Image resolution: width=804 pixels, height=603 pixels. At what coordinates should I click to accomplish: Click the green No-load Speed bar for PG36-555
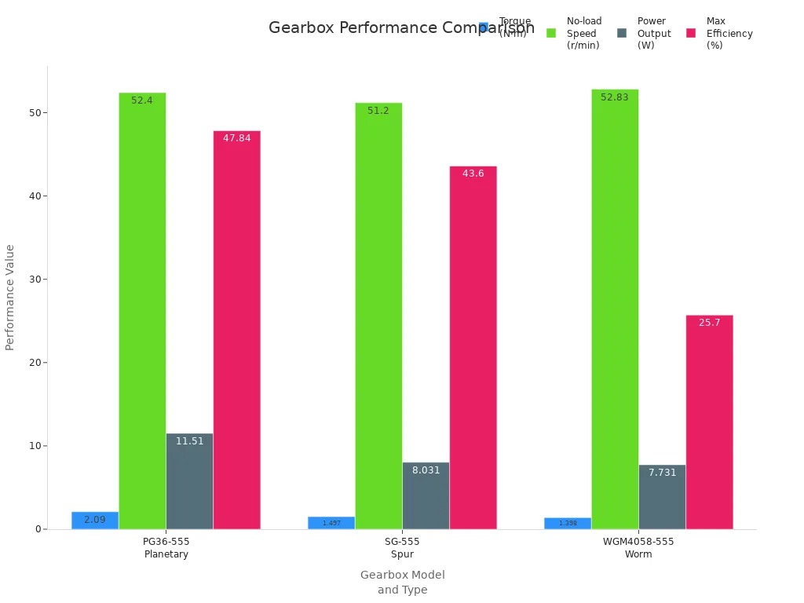coord(142,314)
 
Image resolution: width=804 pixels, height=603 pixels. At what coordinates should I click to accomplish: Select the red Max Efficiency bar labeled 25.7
coord(709,424)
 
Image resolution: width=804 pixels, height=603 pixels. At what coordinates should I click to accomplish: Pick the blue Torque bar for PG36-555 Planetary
coord(95,521)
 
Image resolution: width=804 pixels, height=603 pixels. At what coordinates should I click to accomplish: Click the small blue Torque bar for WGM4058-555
coord(568,523)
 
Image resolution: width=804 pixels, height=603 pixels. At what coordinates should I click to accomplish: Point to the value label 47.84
coord(236,138)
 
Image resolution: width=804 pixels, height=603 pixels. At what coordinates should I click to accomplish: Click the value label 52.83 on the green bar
coord(615,97)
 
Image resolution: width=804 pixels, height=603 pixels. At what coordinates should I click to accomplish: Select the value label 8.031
coord(426,470)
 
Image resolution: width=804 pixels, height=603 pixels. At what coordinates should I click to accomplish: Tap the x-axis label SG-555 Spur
coord(402,548)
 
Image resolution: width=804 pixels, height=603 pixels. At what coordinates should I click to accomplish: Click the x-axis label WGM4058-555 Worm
coord(638,548)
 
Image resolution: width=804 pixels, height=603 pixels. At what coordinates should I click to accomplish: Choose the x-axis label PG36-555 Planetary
coord(166,548)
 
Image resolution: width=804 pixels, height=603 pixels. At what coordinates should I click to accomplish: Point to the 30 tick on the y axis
coord(34,280)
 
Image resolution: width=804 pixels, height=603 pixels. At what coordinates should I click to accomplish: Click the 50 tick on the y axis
coord(34,113)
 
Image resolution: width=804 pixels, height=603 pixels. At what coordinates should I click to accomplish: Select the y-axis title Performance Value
coord(10,297)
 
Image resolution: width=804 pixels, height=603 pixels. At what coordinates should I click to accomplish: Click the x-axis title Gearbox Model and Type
coord(402,583)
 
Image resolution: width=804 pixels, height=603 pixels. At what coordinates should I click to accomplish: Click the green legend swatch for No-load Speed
coord(551,33)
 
